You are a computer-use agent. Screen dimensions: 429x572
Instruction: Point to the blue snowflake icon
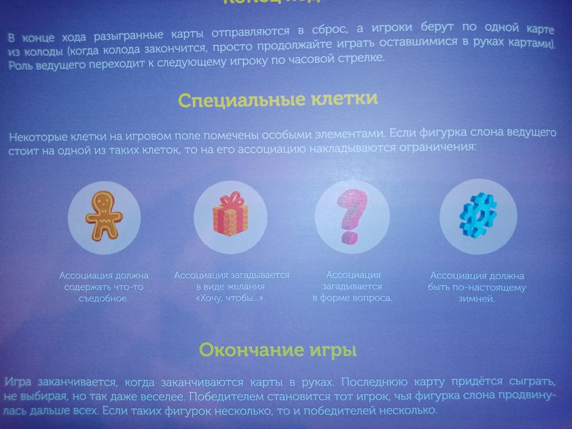click(478, 214)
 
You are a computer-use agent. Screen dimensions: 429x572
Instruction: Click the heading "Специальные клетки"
click(277, 100)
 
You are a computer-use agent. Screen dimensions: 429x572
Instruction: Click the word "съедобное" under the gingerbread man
click(104, 297)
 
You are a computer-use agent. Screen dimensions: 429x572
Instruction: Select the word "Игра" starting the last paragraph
click(17, 381)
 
